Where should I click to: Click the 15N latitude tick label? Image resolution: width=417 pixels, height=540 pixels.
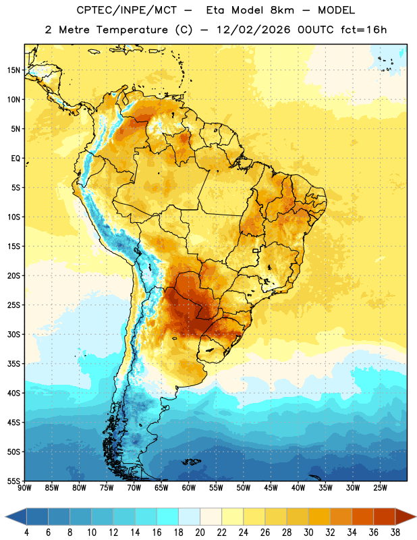point(13,70)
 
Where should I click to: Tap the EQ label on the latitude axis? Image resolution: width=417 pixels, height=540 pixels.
point(16,159)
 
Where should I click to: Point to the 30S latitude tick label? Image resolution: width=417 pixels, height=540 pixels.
point(13,334)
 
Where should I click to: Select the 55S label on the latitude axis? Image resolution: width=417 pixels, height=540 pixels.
point(13,481)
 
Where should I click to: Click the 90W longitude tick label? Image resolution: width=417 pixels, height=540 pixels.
point(24,488)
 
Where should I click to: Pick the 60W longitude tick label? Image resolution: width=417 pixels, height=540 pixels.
point(189,488)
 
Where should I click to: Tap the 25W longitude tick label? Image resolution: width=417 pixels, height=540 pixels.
point(380,488)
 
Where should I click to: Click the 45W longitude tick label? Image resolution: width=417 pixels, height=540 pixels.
point(271,488)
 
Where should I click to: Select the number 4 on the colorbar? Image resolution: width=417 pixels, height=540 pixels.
point(26,533)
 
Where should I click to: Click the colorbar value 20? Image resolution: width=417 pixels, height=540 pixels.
point(200,533)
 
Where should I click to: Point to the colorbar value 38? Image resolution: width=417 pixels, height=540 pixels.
point(395,533)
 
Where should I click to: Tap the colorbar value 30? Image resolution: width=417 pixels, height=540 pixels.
point(308,533)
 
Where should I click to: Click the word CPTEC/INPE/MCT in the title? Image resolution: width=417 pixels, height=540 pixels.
point(126,10)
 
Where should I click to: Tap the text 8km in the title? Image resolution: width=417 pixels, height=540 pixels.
point(282,10)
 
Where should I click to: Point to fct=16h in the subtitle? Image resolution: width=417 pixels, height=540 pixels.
point(364,30)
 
